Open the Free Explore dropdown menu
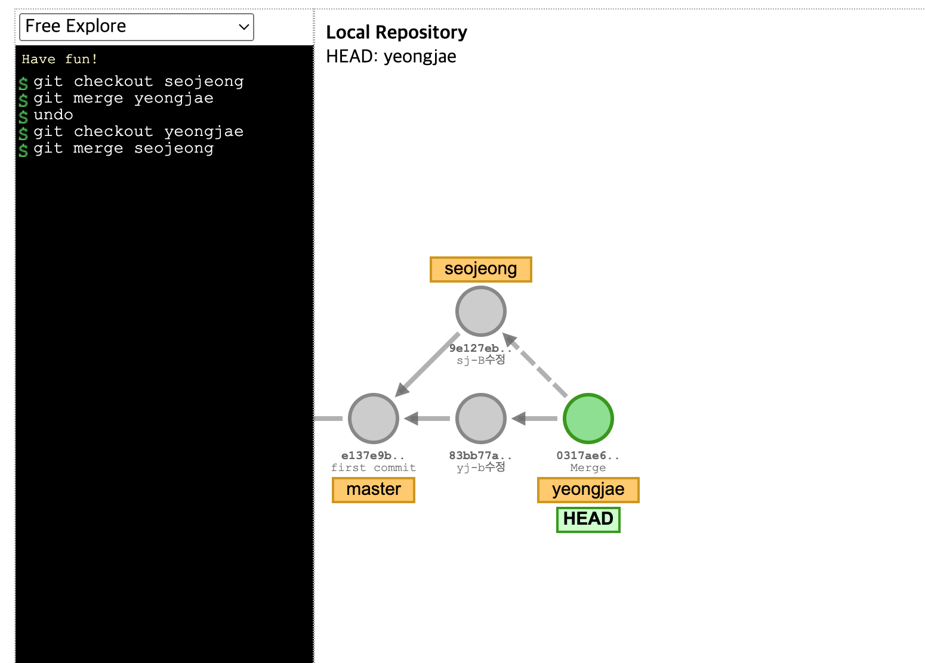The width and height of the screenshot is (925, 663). [137, 27]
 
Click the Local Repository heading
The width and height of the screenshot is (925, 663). [396, 32]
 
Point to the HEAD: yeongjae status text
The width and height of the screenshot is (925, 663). [391, 57]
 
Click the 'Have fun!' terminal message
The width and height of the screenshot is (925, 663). [59, 59]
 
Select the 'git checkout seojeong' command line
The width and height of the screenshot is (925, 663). [138, 81]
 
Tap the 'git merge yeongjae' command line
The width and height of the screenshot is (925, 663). [123, 98]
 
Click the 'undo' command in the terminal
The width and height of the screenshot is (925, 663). [53, 114]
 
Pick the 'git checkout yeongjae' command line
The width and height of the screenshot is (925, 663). [138, 131]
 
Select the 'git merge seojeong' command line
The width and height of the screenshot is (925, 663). [123, 148]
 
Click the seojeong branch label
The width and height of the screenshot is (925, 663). [480, 269]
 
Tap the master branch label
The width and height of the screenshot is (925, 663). [374, 489]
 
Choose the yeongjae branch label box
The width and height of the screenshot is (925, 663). [588, 489]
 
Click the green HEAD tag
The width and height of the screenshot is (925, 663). [588, 519]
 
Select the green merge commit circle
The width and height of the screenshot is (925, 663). [588, 419]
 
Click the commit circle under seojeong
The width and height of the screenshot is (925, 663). [480, 311]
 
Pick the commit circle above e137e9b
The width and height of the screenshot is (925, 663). [374, 419]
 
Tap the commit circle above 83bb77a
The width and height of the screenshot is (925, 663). [480, 419]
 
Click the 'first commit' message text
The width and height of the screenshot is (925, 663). [374, 468]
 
